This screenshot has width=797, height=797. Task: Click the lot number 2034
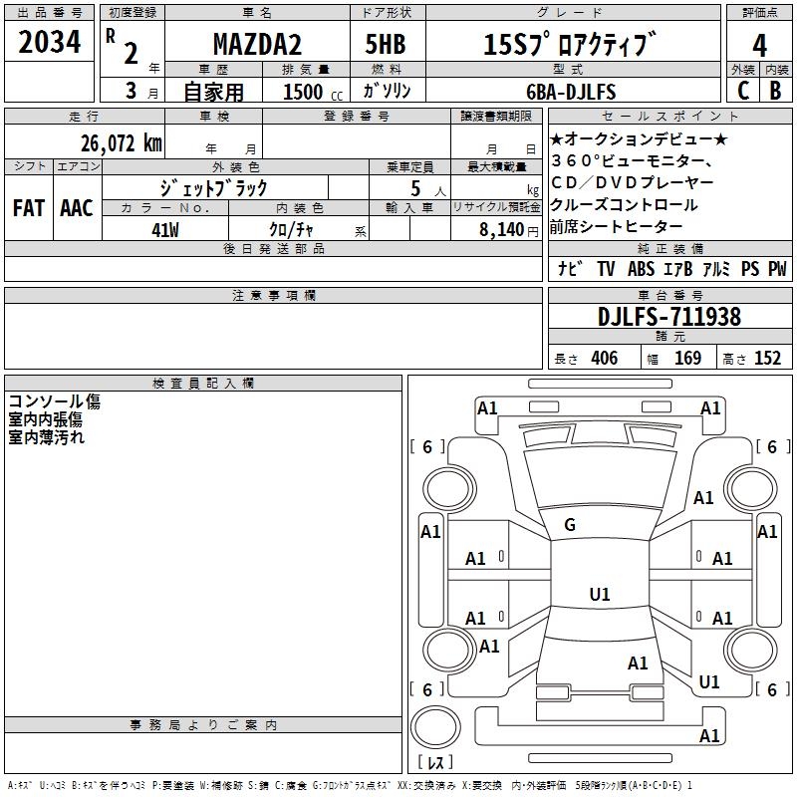[49, 44]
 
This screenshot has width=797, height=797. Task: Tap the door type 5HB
[386, 46]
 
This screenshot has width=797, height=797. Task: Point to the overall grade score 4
[759, 45]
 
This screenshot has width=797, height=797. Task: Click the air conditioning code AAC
[77, 207]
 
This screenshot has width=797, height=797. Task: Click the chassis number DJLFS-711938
[669, 317]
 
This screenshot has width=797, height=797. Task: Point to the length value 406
[603, 359]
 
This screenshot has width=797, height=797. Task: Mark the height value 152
[767, 359]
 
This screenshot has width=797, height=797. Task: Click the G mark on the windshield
[570, 524]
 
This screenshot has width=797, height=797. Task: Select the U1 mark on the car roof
[599, 594]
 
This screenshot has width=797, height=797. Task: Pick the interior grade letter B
[775, 91]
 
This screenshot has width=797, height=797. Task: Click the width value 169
[687, 359]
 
